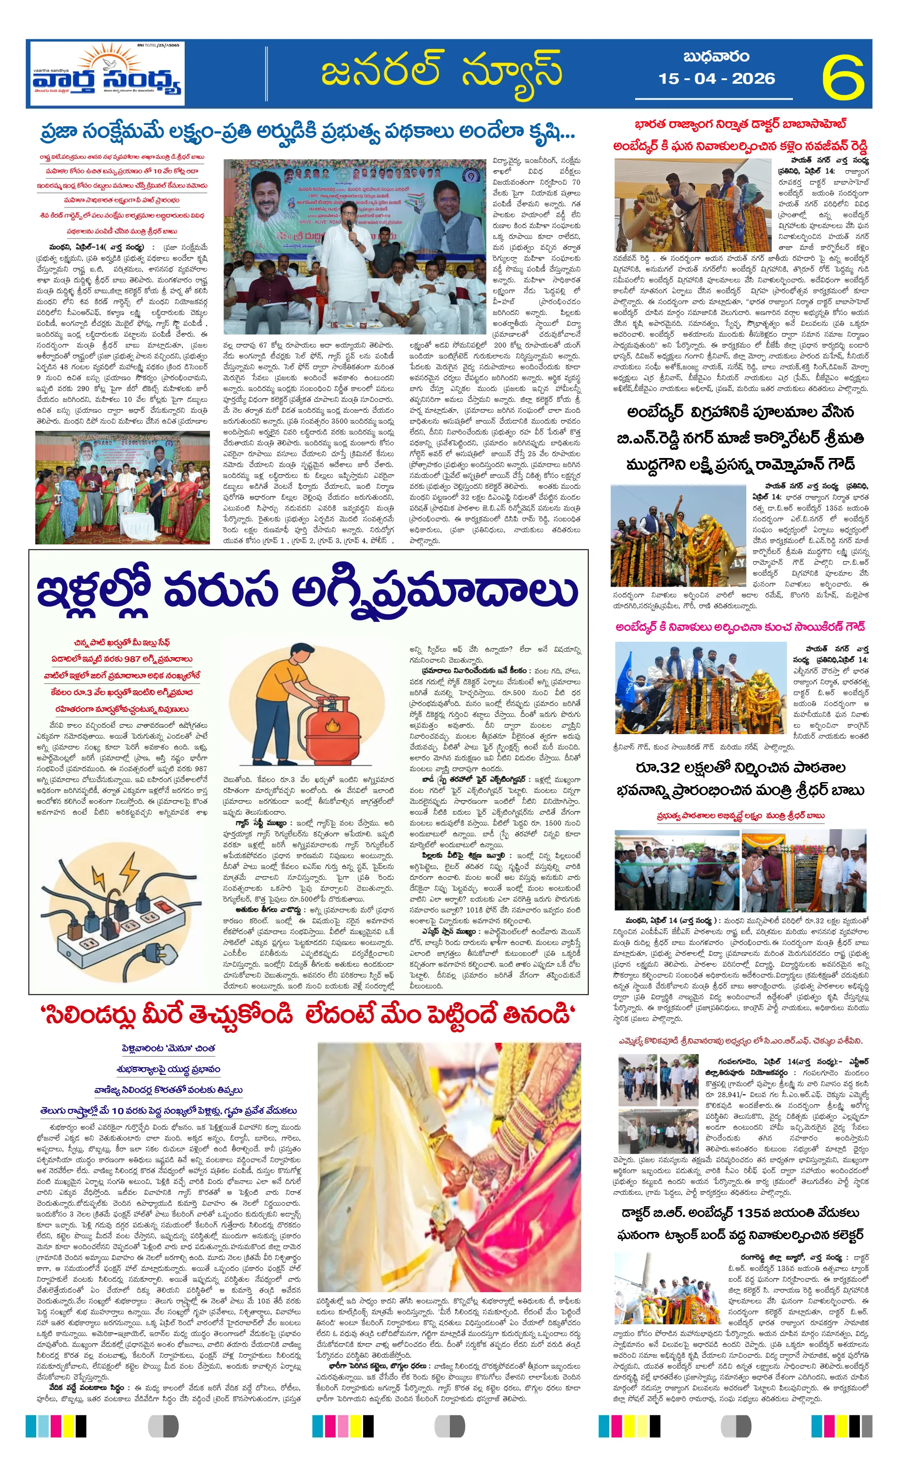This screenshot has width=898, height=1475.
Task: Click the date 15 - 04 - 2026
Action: coord(716,78)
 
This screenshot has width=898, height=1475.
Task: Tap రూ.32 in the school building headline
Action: coord(657,768)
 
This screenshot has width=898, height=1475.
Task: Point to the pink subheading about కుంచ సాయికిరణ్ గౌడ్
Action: coord(740,627)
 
